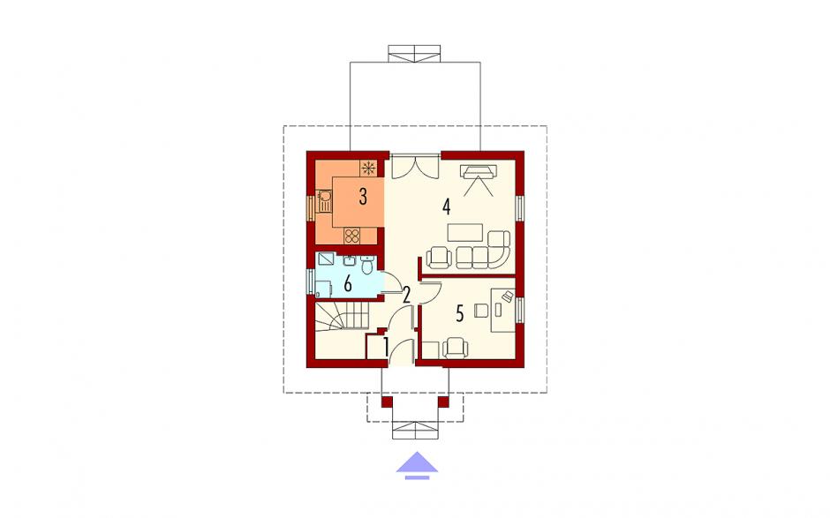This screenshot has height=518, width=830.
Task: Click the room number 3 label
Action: [363, 197]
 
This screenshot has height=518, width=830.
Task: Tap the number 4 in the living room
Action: [447, 206]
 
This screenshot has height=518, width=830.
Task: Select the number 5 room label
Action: [459, 314]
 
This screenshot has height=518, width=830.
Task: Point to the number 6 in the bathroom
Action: [348, 284]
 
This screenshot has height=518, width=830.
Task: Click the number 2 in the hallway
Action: [406, 295]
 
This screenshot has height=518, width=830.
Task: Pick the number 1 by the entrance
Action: [386, 348]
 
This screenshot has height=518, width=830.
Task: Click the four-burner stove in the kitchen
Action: [352, 236]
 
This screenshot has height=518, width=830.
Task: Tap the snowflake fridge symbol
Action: [369, 169]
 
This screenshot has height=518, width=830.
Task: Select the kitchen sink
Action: [323, 201]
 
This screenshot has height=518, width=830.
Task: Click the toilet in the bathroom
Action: [366, 265]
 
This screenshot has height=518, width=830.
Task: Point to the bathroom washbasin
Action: [350, 260]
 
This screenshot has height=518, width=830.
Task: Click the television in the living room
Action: [479, 171]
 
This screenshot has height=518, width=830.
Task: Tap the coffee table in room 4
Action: [465, 232]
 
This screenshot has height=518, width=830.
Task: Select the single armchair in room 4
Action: [440, 257]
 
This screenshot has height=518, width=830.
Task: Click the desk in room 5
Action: [503, 310]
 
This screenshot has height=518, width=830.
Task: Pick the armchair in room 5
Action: [456, 349]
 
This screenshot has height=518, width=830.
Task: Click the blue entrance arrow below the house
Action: [417, 465]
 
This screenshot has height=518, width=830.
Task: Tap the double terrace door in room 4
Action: [414, 166]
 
